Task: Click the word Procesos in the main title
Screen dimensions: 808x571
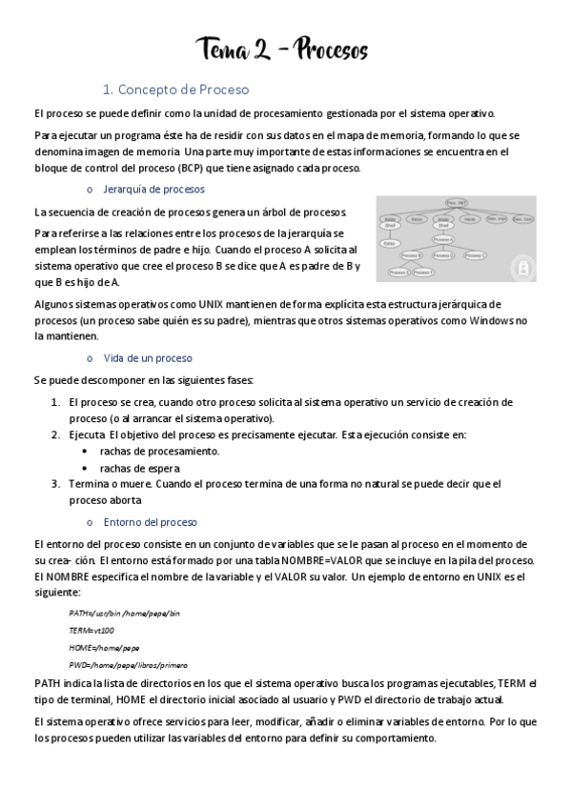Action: (332, 49)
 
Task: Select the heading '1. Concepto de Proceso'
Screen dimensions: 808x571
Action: (175, 90)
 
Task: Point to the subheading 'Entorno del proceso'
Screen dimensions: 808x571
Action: (150, 522)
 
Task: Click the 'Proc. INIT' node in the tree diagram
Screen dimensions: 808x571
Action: (455, 203)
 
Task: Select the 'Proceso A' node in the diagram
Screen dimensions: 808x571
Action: (442, 239)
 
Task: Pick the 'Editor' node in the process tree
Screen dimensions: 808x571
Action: (389, 243)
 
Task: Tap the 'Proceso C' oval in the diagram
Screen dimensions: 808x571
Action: (476, 255)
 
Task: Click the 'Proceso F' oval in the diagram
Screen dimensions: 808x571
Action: (423, 273)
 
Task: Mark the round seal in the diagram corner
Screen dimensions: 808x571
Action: (522, 268)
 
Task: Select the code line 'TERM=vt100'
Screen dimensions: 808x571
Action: (92, 630)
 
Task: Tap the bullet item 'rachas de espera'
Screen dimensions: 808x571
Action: (139, 468)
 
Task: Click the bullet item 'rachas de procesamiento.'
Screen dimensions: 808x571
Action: (159, 451)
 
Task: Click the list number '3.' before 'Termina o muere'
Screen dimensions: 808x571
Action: (55, 484)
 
